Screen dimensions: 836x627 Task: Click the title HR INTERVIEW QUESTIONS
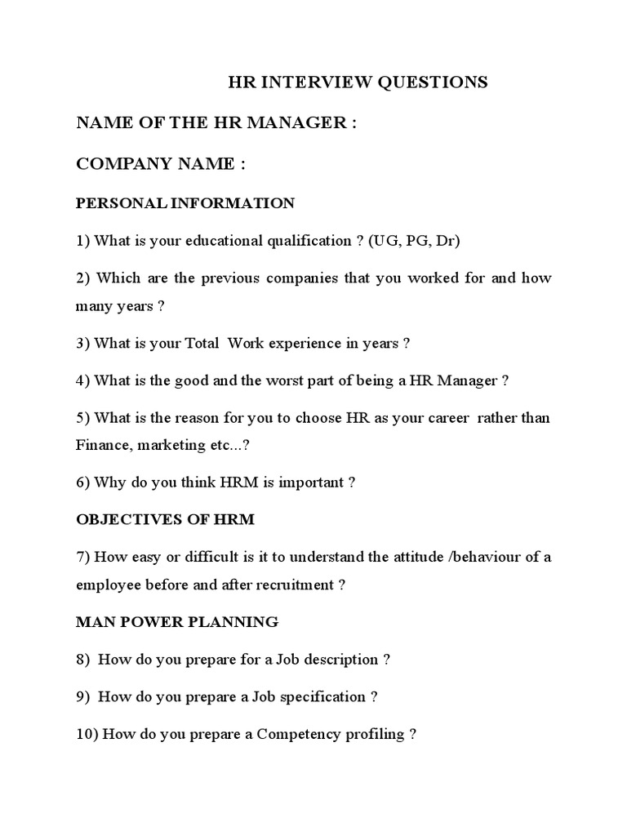[357, 82]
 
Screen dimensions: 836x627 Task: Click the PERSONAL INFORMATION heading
[185, 203]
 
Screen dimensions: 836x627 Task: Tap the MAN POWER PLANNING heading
[177, 622]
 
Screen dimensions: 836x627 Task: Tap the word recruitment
[296, 585]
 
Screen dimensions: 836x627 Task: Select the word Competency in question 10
[298, 734]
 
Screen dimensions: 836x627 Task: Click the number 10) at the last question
[87, 734]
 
